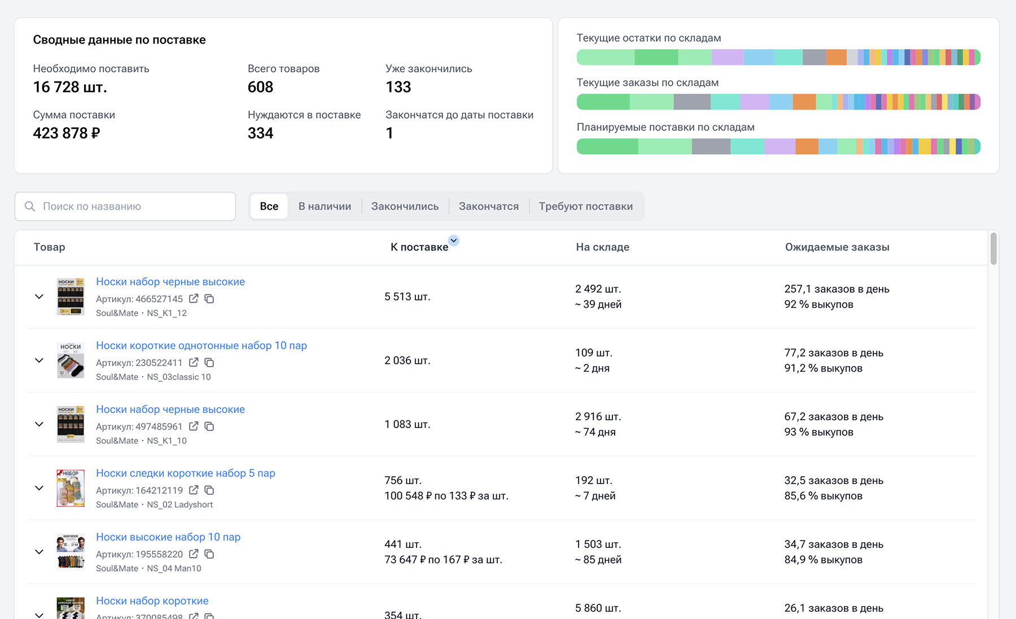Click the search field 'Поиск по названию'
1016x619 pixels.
pyautogui.click(x=125, y=206)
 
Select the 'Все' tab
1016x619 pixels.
pyautogui.click(x=269, y=206)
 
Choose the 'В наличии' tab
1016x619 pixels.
pyautogui.click(x=325, y=206)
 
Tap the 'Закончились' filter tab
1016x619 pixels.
pyautogui.click(x=405, y=206)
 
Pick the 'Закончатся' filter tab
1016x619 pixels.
pyautogui.click(x=489, y=206)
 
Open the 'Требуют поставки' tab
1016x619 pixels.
pyautogui.click(x=586, y=206)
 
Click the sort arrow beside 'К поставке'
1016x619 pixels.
pyautogui.click(x=454, y=241)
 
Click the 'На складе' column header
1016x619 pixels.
pyautogui.click(x=602, y=247)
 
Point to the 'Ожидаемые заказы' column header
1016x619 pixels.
pyautogui.click(x=837, y=247)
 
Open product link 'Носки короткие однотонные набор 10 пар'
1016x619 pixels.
pyautogui.click(x=202, y=345)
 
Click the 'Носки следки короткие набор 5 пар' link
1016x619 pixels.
pyautogui.click(x=186, y=473)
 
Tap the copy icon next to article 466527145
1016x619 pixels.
pyautogui.click(x=209, y=298)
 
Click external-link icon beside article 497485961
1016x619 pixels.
pyautogui.click(x=194, y=426)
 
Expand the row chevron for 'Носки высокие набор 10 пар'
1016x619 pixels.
pyautogui.click(x=39, y=552)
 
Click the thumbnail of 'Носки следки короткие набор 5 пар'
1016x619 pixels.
pyautogui.click(x=71, y=488)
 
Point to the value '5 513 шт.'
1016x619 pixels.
pyautogui.click(x=408, y=297)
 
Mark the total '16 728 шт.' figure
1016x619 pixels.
pyautogui.click(x=70, y=87)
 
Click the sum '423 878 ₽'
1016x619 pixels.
pyautogui.click(x=67, y=133)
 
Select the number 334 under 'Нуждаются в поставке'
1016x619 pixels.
pyautogui.click(x=260, y=133)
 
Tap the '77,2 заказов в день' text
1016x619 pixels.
pyautogui.click(x=834, y=352)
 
